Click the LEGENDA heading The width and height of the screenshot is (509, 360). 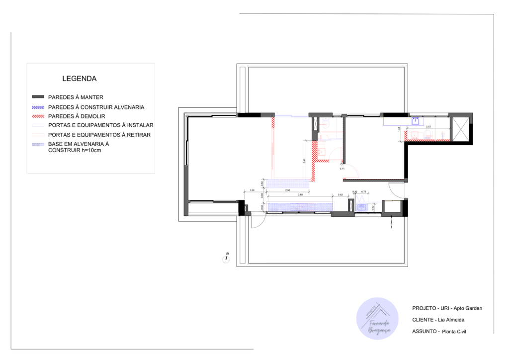(79, 79)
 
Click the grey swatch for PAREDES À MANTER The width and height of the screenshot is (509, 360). (38, 97)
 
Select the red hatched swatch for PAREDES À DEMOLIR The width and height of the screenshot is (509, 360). (38, 116)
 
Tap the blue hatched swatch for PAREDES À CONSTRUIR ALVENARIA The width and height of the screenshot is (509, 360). (38, 107)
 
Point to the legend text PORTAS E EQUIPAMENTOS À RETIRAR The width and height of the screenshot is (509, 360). (99, 135)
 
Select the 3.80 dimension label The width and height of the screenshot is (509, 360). (300, 195)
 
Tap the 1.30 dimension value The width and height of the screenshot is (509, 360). (252, 190)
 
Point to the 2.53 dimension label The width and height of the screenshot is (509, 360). (428, 127)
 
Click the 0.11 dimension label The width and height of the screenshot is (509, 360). (342, 169)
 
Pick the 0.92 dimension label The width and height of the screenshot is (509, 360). (340, 195)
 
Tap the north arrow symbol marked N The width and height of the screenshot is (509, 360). (227, 257)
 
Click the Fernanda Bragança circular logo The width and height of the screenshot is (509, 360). (377, 319)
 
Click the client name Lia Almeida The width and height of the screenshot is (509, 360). (453, 320)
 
